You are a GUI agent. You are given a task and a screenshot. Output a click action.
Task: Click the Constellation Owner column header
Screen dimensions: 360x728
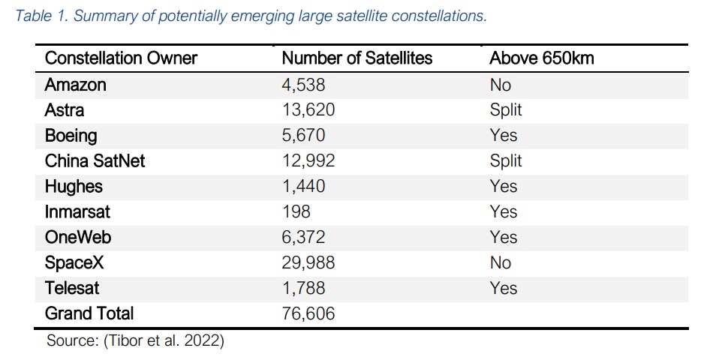point(121,58)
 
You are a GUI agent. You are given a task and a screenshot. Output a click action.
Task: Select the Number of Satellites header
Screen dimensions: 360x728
point(356,58)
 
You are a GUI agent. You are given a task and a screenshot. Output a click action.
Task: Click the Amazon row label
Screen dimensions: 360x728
point(75,85)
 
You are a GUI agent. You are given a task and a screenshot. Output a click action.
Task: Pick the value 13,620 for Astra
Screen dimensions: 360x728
point(308,110)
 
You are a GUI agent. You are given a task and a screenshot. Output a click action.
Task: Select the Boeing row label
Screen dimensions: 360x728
point(71,136)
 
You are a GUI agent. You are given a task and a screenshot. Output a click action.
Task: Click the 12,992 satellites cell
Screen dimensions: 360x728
point(308,161)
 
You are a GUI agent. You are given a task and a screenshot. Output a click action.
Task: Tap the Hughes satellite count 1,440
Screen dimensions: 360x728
point(303,187)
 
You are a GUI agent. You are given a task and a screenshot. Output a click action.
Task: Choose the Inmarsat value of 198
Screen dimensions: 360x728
point(296,212)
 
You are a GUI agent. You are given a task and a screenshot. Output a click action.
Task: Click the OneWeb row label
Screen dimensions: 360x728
point(77,238)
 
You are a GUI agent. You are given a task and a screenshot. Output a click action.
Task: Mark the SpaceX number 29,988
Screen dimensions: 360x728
point(308,262)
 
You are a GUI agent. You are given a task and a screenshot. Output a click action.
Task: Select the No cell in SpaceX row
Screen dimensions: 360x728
point(500,262)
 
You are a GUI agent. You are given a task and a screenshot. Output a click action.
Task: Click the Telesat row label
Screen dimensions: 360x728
point(72,288)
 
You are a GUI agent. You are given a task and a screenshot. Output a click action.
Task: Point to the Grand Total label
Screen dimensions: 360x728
point(89,313)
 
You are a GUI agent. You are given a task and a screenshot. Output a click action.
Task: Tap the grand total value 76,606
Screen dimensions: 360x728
point(308,313)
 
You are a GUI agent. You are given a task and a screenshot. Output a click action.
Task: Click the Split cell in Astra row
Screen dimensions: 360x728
point(505,110)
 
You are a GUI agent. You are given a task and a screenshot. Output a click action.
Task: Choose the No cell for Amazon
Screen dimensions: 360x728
point(500,85)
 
